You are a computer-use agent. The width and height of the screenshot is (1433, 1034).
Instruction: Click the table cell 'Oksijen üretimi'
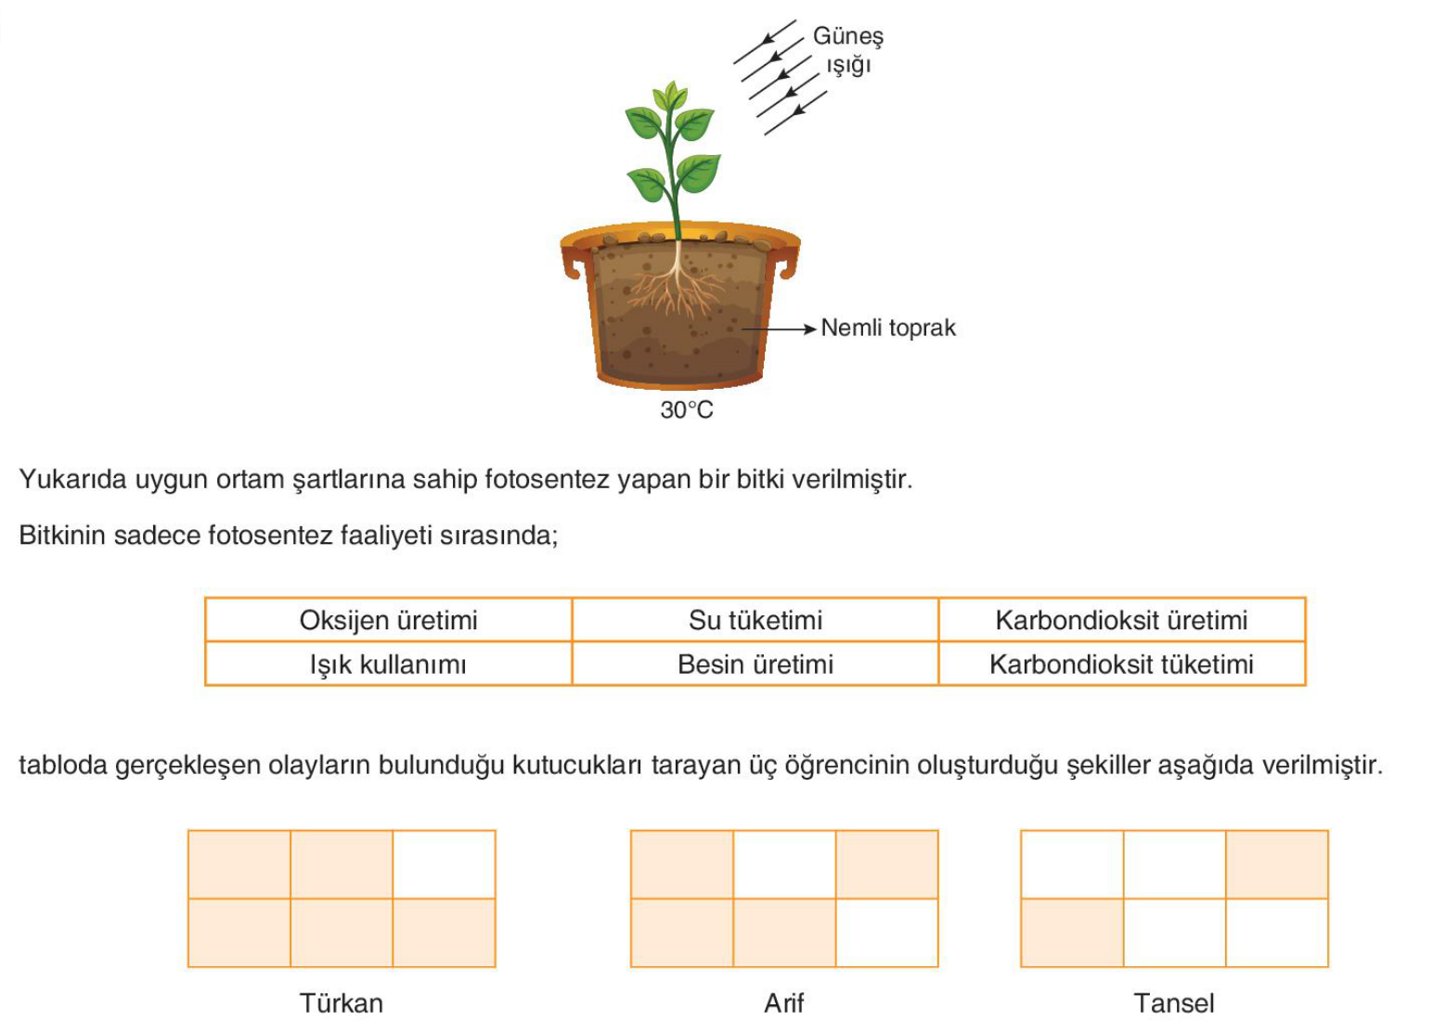388,619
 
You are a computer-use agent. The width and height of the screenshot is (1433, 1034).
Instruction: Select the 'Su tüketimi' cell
755,619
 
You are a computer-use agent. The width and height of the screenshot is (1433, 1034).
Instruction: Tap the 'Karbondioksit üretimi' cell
1121,619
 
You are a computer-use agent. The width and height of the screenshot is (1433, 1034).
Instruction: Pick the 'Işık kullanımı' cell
388,664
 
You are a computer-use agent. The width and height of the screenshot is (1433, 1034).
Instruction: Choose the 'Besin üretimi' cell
755,664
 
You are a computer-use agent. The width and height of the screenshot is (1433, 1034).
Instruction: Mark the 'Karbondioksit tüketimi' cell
1121,664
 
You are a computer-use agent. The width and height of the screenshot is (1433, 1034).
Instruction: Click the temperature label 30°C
687,409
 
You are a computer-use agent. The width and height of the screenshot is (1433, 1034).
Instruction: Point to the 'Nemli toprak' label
888,328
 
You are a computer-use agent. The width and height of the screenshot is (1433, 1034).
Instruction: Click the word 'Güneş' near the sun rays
848,36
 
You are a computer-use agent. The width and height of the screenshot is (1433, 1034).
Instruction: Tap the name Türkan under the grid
341,1002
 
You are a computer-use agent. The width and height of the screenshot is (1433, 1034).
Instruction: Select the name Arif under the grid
783,1002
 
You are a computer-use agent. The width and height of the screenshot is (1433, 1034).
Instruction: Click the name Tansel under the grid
1174,1002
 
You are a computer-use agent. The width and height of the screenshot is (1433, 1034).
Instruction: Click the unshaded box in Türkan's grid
444,864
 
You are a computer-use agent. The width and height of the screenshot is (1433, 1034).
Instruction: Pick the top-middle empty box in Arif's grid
784,864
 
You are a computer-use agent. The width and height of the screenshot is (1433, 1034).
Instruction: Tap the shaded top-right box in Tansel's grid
1277,864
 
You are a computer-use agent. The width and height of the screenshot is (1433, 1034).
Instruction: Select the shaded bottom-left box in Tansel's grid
1072,932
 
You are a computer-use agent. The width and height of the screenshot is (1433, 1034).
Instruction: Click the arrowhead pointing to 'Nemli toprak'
810,329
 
